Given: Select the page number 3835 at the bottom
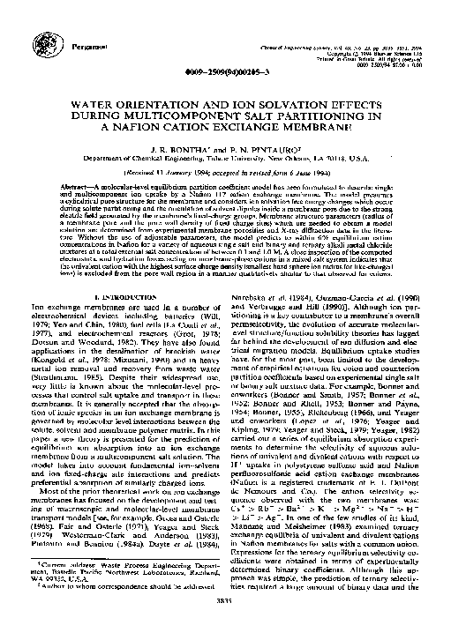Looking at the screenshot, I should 225,598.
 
